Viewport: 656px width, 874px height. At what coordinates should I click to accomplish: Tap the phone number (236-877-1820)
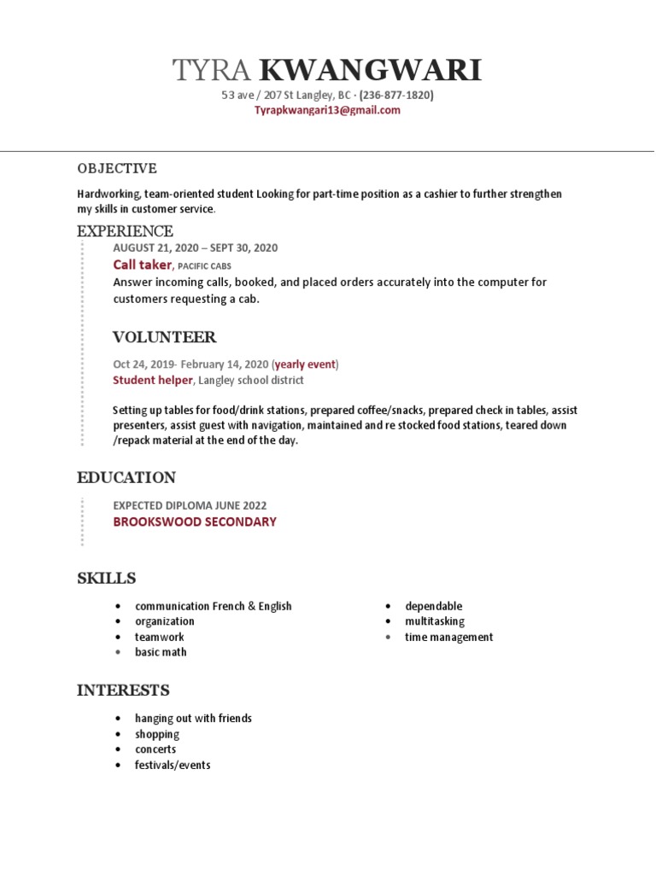396,96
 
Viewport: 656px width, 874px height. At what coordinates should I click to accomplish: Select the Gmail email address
328,110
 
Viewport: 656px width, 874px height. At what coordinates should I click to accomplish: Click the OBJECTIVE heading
117,168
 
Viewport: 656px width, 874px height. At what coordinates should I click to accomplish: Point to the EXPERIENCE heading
125,231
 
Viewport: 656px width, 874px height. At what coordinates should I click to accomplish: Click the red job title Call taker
142,265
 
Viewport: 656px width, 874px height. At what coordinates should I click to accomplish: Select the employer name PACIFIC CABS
204,266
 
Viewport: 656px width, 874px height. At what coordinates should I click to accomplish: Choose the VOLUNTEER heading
164,337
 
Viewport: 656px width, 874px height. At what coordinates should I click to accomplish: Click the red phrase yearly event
305,364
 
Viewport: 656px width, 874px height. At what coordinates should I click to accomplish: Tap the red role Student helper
153,380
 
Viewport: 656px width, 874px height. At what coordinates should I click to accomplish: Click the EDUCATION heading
126,477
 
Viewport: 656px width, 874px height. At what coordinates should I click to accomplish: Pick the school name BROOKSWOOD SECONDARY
195,521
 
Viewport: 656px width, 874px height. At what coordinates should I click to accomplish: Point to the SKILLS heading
107,579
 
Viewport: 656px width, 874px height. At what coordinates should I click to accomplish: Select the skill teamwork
159,637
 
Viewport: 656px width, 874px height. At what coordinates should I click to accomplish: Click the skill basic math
161,652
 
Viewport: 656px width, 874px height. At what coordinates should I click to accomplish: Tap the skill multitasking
435,621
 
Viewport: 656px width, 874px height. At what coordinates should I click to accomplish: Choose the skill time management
448,637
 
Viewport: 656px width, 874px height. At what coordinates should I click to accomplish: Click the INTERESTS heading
123,690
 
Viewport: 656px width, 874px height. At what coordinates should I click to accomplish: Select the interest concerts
155,749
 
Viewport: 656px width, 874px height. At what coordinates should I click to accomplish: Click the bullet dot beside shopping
118,735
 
